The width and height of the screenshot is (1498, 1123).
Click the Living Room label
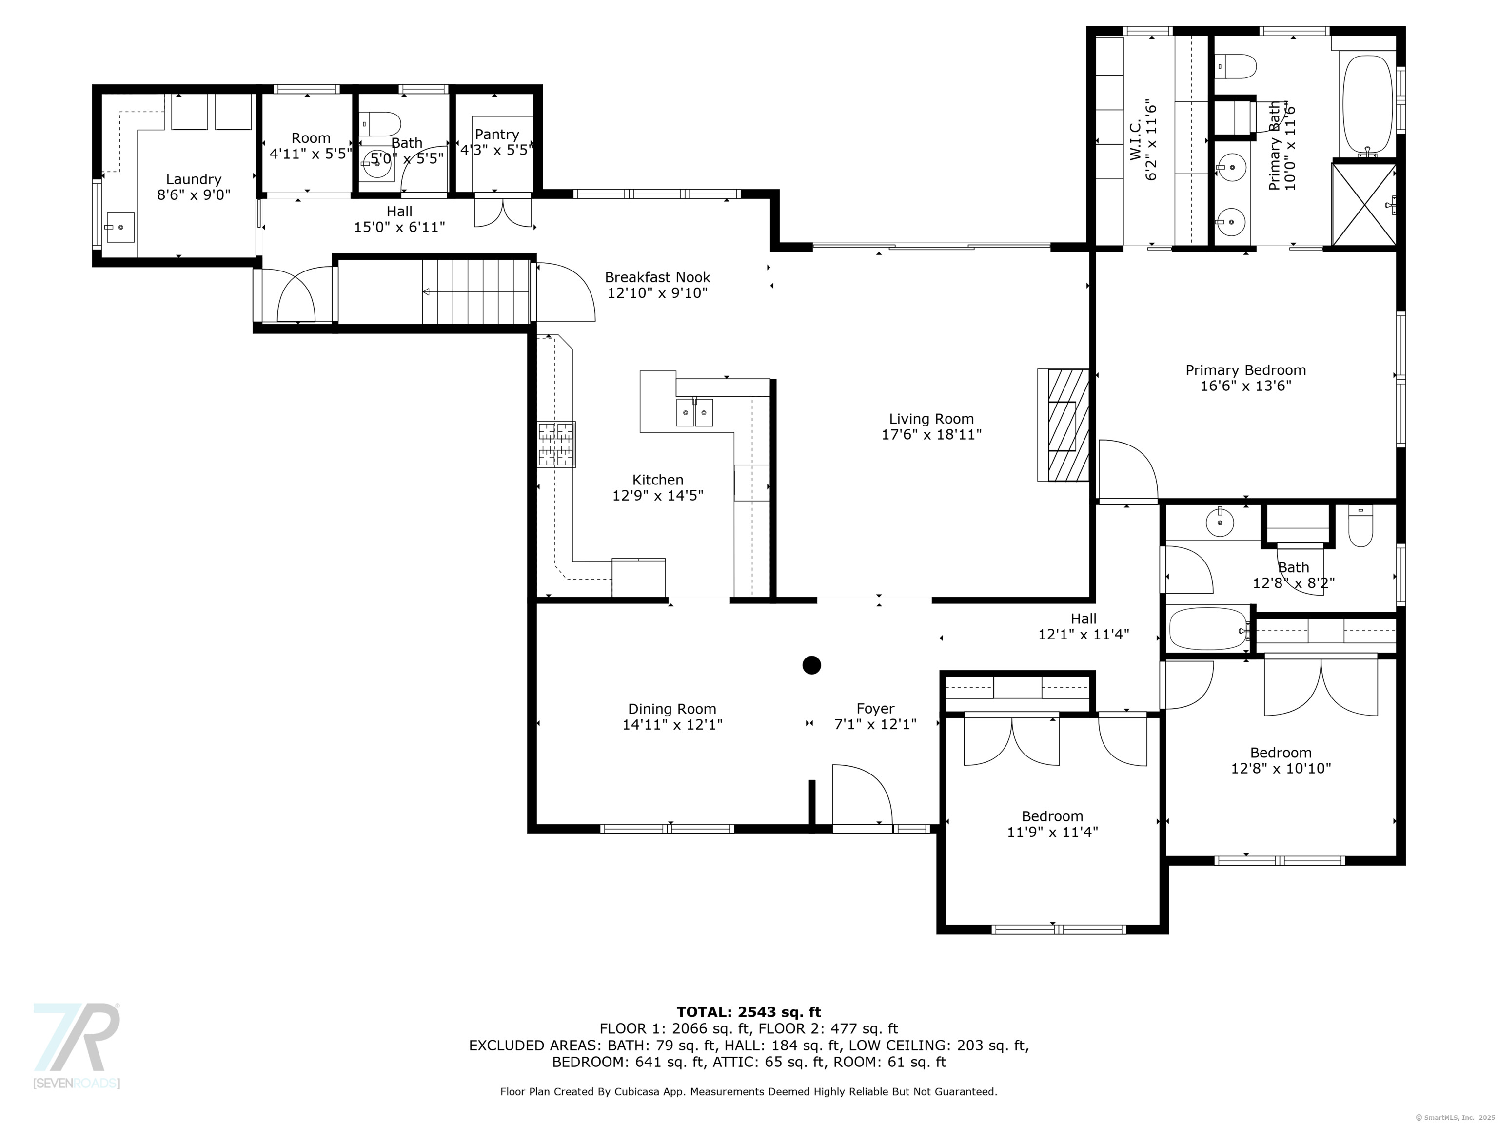pos(931,419)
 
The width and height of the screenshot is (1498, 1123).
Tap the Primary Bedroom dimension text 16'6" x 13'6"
pos(1245,386)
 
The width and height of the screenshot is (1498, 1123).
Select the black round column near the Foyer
pos(811,665)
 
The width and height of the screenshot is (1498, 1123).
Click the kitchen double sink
pos(694,412)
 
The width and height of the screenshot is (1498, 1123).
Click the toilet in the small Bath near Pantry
pos(380,124)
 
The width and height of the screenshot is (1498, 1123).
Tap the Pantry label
pos(497,134)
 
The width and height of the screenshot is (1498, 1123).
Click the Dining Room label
pos(672,709)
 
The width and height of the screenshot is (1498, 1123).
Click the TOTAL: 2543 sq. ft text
pos(749,1012)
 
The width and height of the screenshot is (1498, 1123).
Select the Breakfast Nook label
pos(657,277)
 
